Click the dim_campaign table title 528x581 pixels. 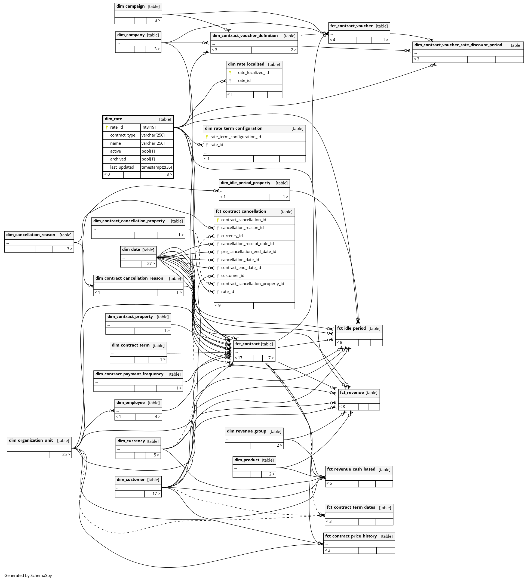[x=130, y=6]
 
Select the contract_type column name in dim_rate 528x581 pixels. [x=122, y=135]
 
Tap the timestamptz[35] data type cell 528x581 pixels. [x=156, y=167]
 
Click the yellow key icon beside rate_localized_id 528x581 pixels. [x=230, y=73]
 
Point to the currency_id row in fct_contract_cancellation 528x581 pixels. [x=232, y=236]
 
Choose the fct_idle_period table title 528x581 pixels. [x=351, y=328]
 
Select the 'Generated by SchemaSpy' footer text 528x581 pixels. [x=28, y=575]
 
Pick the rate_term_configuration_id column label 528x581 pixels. [x=235, y=137]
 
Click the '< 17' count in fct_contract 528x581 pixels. [x=238, y=358]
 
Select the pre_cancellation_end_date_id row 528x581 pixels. [x=248, y=252]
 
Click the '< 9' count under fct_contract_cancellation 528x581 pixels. [x=218, y=305]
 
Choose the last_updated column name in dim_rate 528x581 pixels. [x=122, y=167]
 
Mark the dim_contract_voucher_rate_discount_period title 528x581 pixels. [x=458, y=45]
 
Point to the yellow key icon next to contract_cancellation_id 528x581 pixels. [x=218, y=220]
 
